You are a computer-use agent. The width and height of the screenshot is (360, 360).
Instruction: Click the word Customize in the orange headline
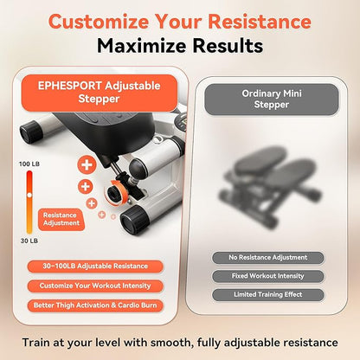click(x=99, y=22)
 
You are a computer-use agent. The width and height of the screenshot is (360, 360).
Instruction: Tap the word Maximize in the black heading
click(x=141, y=46)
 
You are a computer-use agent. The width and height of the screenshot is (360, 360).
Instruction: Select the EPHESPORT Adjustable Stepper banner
click(x=100, y=93)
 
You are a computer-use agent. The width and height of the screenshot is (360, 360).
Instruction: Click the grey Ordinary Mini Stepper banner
click(x=271, y=99)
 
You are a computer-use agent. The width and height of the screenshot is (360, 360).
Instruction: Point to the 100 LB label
click(x=29, y=164)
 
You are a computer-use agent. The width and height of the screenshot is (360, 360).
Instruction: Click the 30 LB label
click(x=29, y=241)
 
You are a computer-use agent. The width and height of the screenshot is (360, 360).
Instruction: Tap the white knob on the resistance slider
click(x=29, y=196)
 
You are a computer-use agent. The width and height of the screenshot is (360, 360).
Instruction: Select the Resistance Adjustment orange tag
click(x=61, y=219)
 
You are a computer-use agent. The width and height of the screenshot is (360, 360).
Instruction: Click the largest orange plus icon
click(x=87, y=165)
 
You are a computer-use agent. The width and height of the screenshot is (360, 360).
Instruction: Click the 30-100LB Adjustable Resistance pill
click(x=95, y=266)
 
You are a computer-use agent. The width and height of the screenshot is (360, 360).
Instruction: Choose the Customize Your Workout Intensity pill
click(x=95, y=286)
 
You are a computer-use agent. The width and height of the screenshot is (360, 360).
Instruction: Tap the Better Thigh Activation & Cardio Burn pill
click(x=95, y=305)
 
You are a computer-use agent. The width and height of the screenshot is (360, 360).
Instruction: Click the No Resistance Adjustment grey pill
click(x=268, y=257)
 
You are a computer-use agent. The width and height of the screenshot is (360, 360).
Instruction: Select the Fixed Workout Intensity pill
click(x=268, y=276)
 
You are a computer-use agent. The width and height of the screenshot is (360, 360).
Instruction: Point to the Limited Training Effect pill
click(x=268, y=294)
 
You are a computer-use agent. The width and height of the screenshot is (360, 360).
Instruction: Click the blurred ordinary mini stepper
click(x=270, y=184)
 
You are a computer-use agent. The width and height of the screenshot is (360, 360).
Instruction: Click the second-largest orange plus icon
click(x=85, y=187)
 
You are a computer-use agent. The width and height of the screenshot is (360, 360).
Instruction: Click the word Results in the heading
click(x=228, y=46)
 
